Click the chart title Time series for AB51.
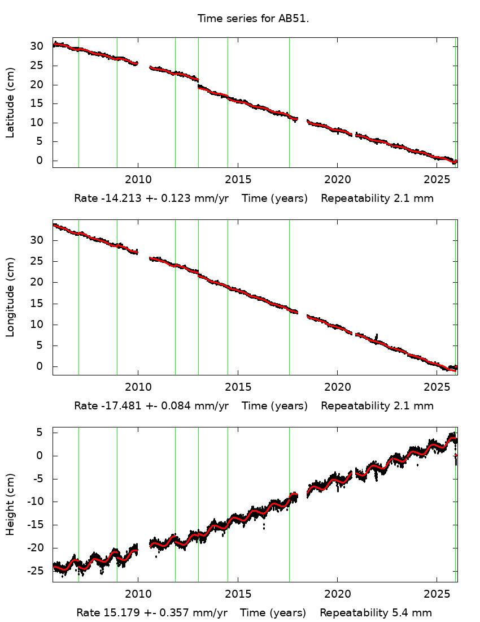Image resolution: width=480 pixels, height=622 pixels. (253, 19)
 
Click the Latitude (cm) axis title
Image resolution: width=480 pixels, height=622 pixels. (10, 102)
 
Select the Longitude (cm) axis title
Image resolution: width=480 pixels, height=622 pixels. (10, 297)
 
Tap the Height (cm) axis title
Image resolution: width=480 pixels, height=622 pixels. (10, 505)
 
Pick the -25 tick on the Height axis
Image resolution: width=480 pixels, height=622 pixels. (37, 571)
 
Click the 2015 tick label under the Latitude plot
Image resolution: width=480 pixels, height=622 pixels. (237, 180)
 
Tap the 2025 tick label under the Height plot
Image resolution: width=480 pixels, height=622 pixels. (437, 594)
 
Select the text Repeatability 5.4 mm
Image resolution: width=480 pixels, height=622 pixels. (376, 613)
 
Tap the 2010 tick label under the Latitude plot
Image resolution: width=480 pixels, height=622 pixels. (138, 180)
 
